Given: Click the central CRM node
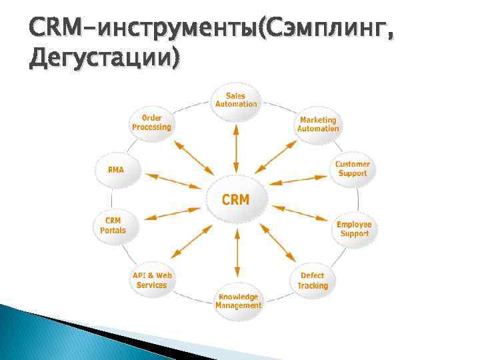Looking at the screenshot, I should [236, 198].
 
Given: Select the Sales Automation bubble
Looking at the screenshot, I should [236, 100].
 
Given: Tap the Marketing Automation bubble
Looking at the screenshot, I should [318, 124].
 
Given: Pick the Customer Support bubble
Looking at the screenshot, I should [352, 169].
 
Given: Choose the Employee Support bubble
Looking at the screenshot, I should [354, 229].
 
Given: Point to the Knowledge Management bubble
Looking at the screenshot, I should [238, 301].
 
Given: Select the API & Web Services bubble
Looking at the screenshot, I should [152, 279].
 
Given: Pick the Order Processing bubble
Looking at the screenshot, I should [151, 123].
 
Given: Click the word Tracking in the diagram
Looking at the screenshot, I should [313, 286].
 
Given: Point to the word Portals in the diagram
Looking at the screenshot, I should [113, 230].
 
